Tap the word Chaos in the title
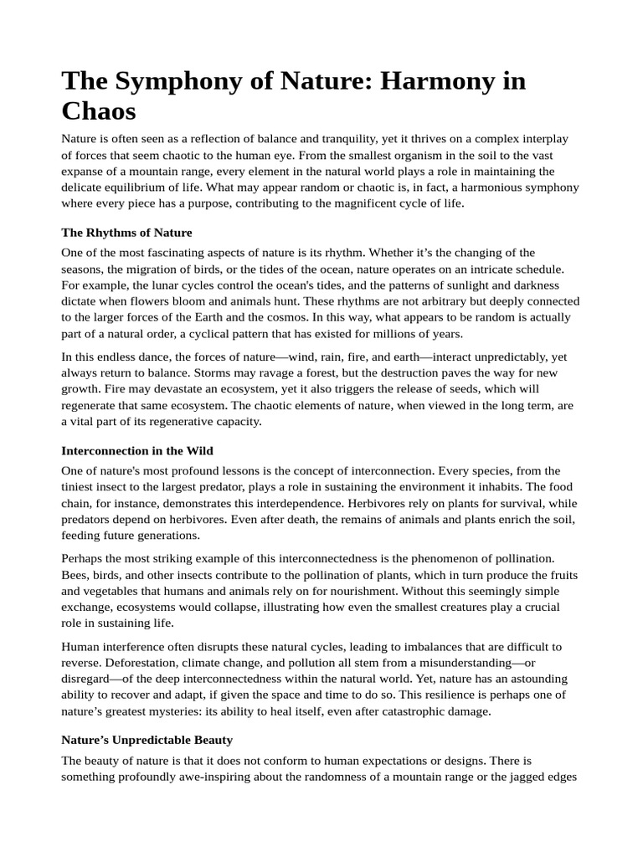tap(98, 110)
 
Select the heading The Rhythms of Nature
tap(126, 233)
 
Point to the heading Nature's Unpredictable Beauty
tap(147, 740)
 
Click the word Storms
tap(80, 372)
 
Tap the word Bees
tap(75, 575)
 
